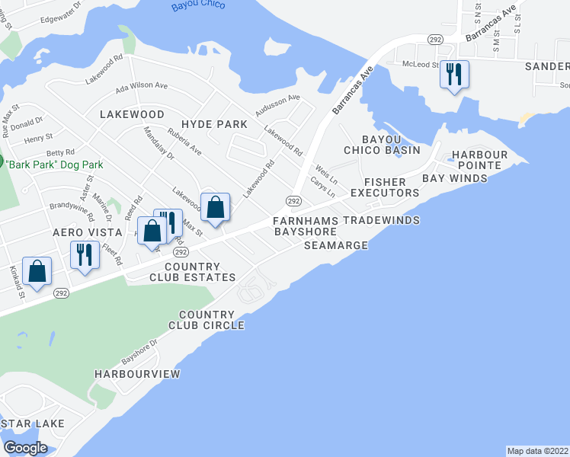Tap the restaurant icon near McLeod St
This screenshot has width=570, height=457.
pos(455,74)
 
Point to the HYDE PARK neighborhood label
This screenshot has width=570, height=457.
pos(214,124)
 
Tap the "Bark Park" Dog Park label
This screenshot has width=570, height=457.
pos(54,165)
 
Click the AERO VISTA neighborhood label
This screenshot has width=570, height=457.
pos(87,232)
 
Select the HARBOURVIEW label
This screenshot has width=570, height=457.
pos(137,374)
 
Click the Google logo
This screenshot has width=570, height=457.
pos(25,447)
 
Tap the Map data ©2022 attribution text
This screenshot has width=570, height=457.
pos(537,451)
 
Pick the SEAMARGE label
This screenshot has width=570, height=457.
pos(336,245)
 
